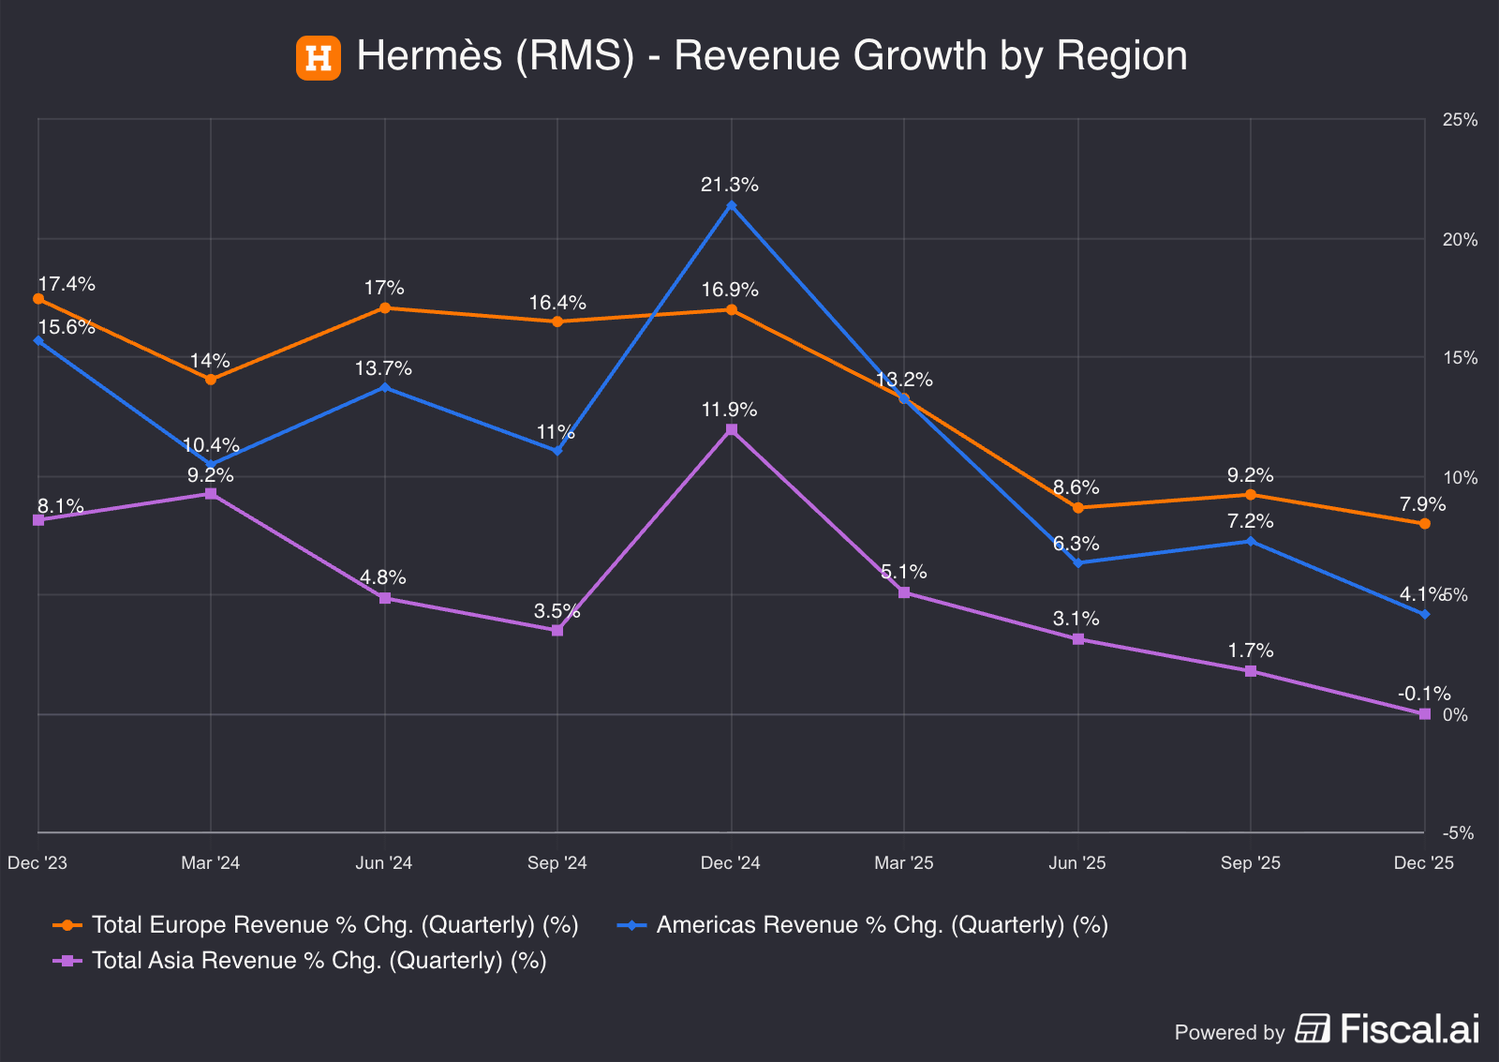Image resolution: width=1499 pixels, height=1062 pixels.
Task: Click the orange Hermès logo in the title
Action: point(319,57)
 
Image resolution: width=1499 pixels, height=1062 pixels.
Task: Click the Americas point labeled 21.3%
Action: point(731,205)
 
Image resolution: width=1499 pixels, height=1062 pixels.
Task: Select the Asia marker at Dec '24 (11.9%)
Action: point(731,429)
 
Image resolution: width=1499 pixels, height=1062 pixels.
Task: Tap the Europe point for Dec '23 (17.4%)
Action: point(38,299)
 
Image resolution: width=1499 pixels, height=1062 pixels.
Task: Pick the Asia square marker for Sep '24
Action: point(557,630)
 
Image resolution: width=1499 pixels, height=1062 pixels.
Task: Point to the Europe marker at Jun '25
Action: point(1078,508)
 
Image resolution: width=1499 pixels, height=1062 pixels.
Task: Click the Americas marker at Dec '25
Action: point(1425,614)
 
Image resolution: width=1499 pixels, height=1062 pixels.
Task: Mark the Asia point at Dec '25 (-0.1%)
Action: point(1425,714)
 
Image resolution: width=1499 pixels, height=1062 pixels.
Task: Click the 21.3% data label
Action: point(730,185)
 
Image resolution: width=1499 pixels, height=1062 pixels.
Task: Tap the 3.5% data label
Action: point(557,611)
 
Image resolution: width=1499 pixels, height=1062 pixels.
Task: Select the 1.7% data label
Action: point(1251,651)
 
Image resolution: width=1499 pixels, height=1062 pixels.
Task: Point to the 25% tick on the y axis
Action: point(1460,120)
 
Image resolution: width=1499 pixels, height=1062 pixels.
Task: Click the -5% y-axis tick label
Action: point(1458,832)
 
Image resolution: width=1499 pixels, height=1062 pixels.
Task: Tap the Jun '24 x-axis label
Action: point(384,863)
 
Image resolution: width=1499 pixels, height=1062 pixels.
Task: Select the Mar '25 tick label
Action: point(904,863)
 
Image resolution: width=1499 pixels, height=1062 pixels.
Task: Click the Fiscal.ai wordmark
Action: point(1410,1029)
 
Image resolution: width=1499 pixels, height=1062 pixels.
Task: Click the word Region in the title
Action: point(1122,56)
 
